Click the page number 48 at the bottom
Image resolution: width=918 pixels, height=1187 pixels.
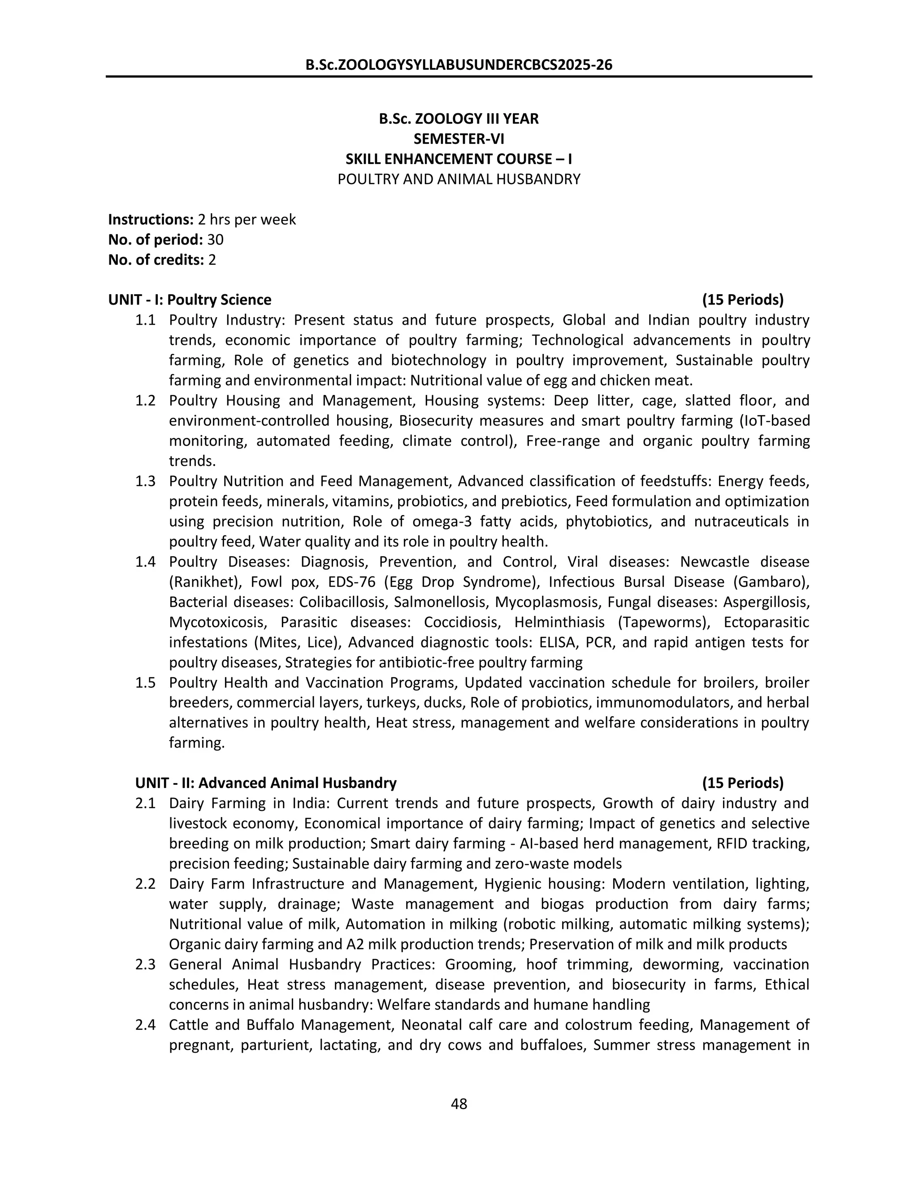point(459,1104)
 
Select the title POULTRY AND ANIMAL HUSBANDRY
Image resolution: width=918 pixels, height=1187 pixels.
point(459,179)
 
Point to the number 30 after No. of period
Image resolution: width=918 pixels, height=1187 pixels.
point(215,240)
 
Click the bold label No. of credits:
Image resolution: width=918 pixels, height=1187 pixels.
point(156,260)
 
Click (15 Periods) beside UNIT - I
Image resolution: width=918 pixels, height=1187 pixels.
point(742,300)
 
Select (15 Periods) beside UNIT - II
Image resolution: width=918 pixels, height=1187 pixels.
point(742,783)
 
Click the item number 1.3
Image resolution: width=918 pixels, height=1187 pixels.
point(145,481)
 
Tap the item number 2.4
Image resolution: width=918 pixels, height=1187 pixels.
point(145,1024)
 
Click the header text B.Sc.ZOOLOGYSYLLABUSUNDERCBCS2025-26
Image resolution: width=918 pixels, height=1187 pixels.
point(459,65)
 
